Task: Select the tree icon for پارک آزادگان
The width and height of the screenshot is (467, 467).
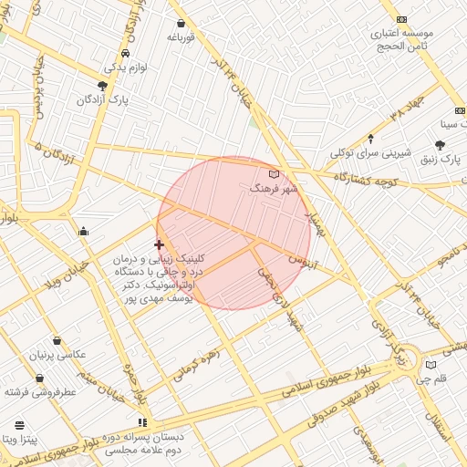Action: pos(102,85)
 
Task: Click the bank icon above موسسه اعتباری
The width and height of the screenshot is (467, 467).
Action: pos(401,19)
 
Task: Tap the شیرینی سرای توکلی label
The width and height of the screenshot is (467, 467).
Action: pos(370,152)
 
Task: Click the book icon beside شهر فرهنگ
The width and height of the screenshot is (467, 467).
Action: pos(274,173)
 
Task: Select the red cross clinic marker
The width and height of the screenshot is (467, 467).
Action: pos(160,244)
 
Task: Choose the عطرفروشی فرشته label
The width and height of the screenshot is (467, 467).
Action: pos(39,391)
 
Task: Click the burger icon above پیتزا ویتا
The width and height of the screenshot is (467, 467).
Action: pos(20,425)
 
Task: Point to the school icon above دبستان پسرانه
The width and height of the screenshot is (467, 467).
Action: pos(141,422)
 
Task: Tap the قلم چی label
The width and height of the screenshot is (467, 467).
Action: pos(439,378)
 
